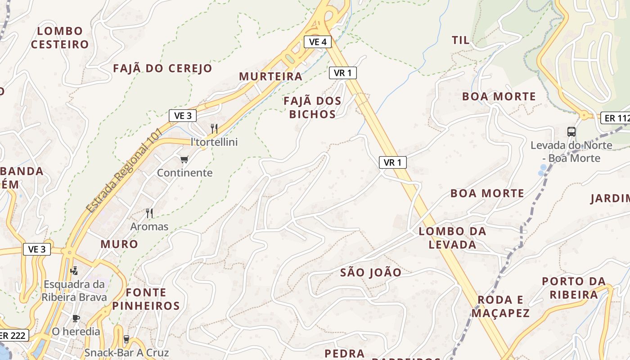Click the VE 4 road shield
318,42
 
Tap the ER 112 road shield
616,118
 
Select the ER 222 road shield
13,335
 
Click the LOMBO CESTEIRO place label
60,38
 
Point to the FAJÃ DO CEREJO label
162,68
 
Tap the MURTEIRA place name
270,76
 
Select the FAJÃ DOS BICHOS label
312,108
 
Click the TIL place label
460,40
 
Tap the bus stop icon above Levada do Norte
571,132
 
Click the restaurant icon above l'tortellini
214,129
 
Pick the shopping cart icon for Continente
184,159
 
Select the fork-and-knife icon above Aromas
149,213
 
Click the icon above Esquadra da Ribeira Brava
74,270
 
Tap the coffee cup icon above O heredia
76,318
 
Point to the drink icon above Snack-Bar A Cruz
126,339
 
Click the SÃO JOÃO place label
371,272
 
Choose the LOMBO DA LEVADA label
452,238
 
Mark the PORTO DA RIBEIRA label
574,288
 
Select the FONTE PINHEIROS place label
146,299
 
